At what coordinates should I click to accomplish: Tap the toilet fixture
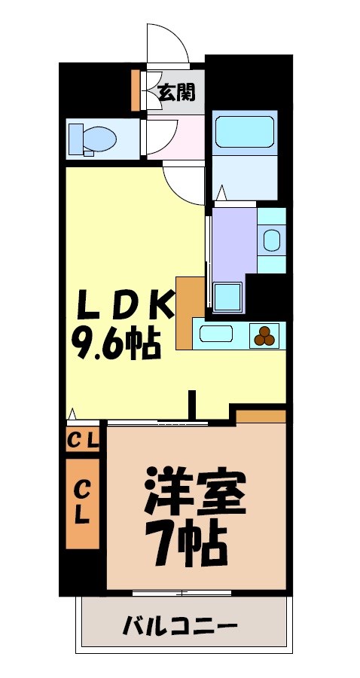point(93,139)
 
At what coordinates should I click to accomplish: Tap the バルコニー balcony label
point(180,626)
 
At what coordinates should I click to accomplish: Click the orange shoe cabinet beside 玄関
point(136,90)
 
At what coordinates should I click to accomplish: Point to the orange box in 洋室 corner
point(261,416)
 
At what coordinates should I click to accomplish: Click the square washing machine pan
point(228,297)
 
